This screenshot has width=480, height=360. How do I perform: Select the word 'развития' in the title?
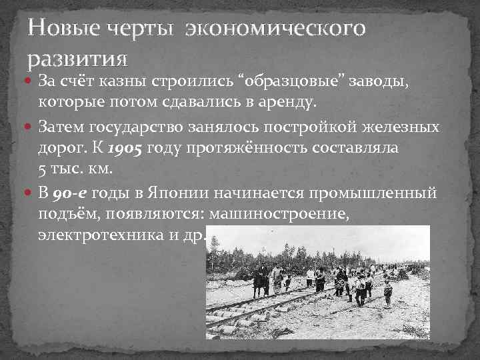point(77,59)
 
